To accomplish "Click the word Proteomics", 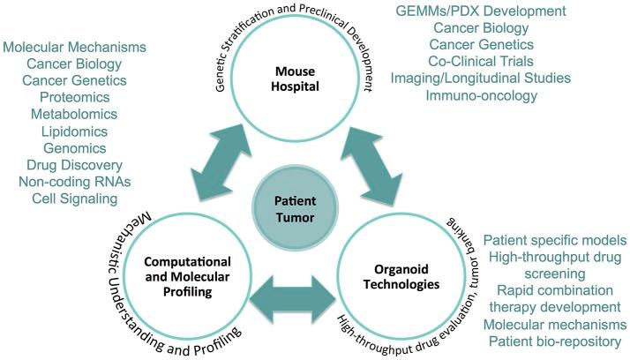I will pyautogui.click(x=61, y=98).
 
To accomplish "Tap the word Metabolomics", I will pyautogui.click(x=61, y=115).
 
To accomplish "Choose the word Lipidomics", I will pyautogui.click(x=61, y=131).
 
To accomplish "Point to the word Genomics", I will pyautogui.click(x=61, y=148).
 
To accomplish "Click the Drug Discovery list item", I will pyautogui.click(x=61, y=165).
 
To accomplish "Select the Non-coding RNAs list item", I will pyautogui.click(x=61, y=182).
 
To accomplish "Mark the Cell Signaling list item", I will pyautogui.click(x=61, y=199).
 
